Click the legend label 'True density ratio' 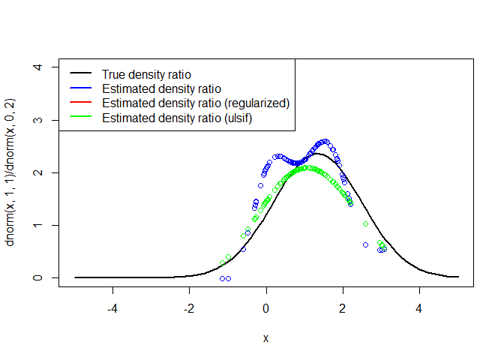click(x=146, y=74)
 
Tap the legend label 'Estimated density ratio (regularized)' click(x=196, y=103)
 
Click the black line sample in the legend click(x=81, y=74)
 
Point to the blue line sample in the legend click(x=81, y=88)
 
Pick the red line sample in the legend click(x=81, y=103)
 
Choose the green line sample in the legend click(x=81, y=118)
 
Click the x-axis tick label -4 click(x=112, y=307)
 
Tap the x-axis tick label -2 click(x=189, y=307)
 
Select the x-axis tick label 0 click(x=266, y=307)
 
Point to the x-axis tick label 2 click(x=343, y=307)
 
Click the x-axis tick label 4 click(x=419, y=307)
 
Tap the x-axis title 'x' click(x=266, y=338)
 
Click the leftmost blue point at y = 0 click(x=222, y=278)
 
